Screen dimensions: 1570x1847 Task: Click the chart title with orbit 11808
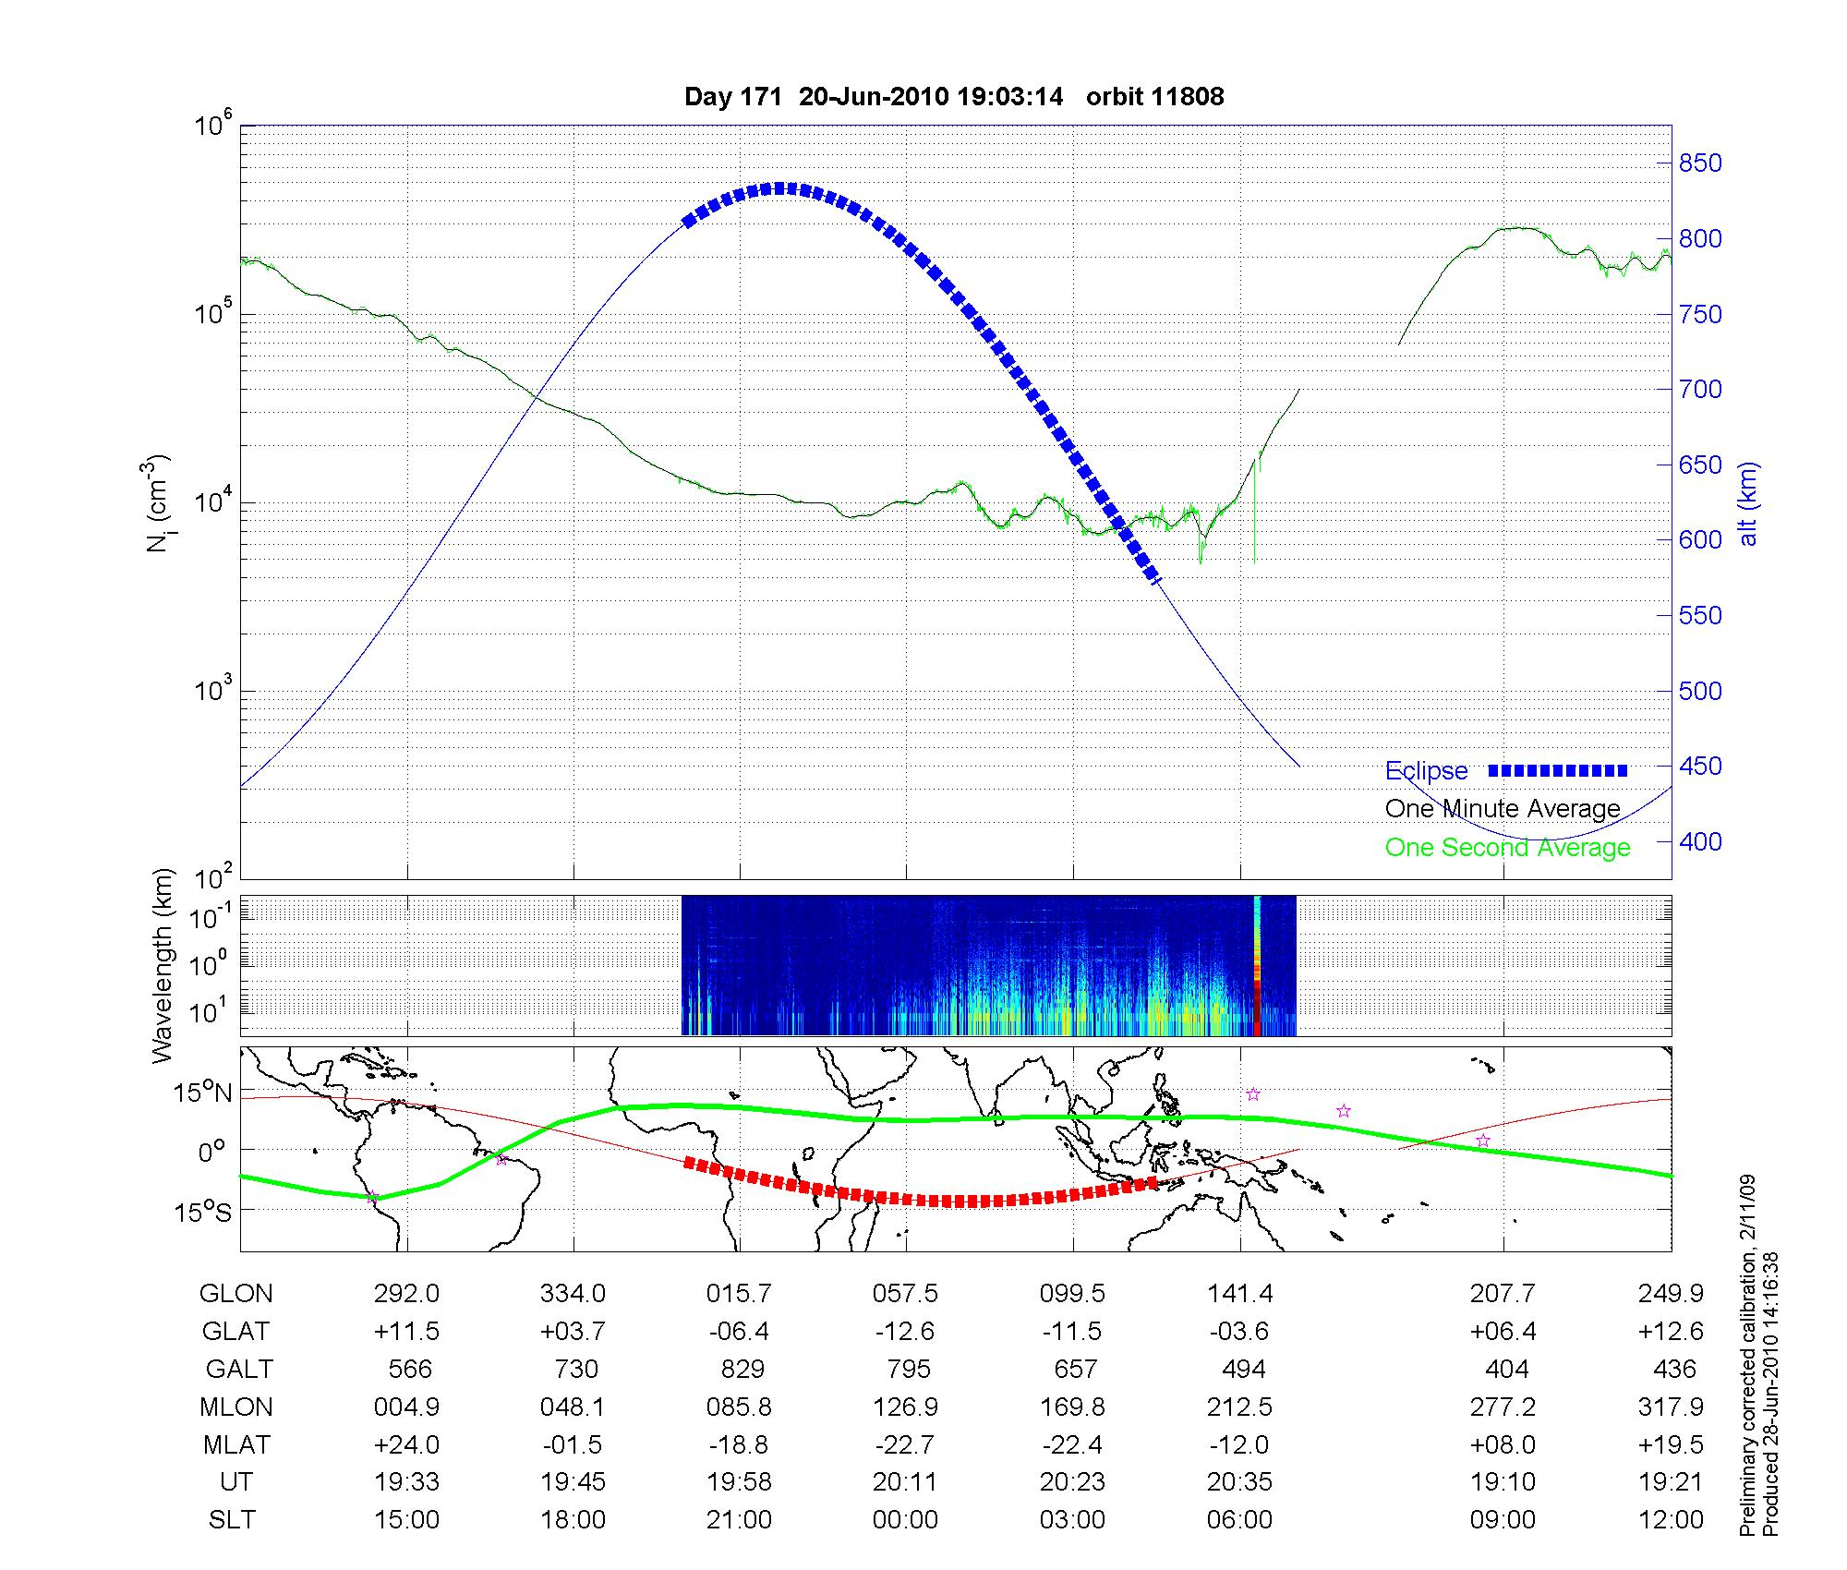pos(954,97)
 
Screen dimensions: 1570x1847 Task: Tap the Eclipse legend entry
pos(1426,770)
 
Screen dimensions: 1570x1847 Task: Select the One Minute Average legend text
pos(1503,809)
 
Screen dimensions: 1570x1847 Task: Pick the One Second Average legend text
pos(1507,847)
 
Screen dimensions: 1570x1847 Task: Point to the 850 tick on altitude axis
pos(1700,163)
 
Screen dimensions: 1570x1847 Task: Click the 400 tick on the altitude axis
pos(1700,841)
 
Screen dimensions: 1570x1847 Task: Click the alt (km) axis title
pos(1748,503)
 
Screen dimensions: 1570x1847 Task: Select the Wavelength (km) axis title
pos(163,966)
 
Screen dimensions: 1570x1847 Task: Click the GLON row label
pos(236,1294)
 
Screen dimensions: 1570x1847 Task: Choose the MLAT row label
pos(236,1444)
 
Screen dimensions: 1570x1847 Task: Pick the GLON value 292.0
pos(406,1294)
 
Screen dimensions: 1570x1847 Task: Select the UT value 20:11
pos(905,1482)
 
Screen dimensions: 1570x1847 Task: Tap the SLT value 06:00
pos(1239,1520)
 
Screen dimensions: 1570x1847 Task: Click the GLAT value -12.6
pos(905,1331)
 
